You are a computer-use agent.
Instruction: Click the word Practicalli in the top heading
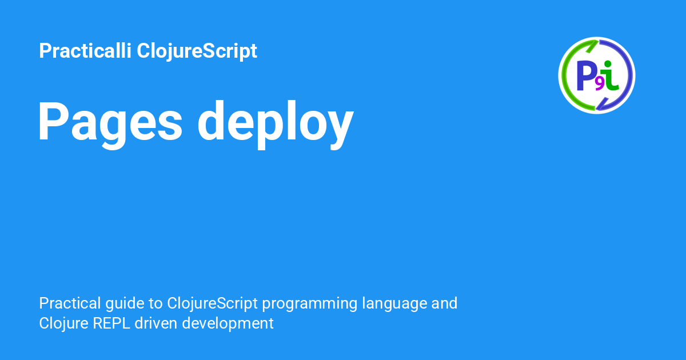tap(85, 50)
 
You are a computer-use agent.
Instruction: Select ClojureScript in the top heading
tap(197, 51)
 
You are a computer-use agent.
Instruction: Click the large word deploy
tap(276, 125)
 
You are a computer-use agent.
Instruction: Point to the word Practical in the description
tap(70, 303)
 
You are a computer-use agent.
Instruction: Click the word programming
tap(310, 304)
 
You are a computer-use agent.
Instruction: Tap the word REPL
tap(111, 323)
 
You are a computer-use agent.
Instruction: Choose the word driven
tap(156, 323)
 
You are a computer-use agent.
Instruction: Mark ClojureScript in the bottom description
tap(212, 304)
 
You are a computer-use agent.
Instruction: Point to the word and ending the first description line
tap(444, 303)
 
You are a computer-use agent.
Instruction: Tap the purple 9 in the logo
tap(600, 85)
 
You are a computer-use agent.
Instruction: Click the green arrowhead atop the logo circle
tap(592, 46)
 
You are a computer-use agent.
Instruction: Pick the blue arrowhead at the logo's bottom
tap(602, 104)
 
